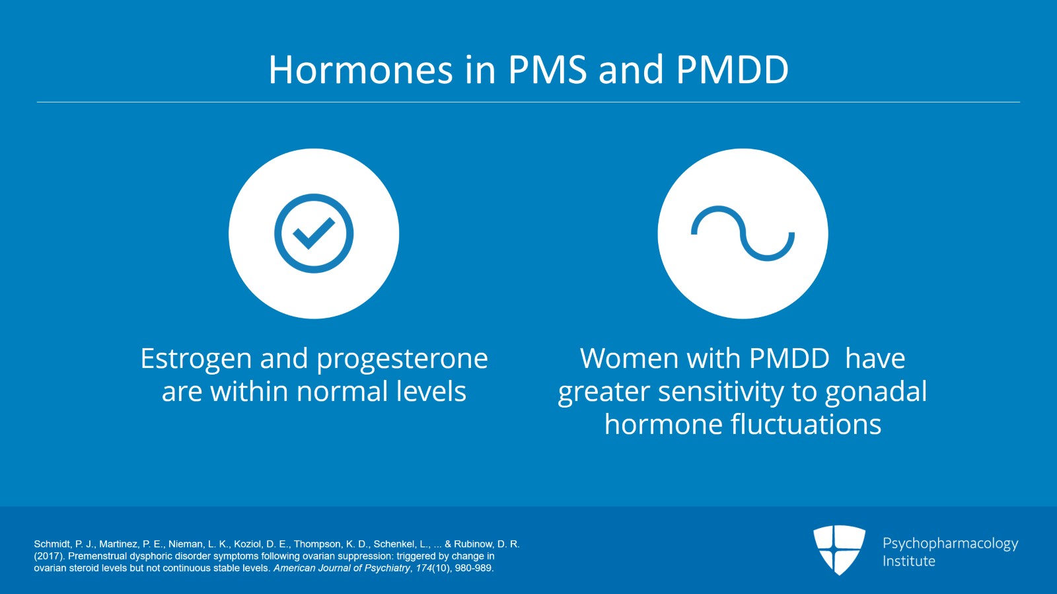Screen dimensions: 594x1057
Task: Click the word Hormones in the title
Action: click(x=361, y=70)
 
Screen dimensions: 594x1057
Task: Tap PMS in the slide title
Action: click(x=547, y=70)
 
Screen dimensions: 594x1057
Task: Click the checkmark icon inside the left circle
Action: click(x=314, y=233)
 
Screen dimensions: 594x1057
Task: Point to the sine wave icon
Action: click(x=743, y=233)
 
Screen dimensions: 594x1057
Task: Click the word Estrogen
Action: click(x=196, y=359)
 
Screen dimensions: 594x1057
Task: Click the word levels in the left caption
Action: click(x=431, y=392)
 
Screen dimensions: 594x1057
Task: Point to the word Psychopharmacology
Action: click(x=950, y=543)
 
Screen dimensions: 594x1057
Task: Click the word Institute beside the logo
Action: click(x=908, y=561)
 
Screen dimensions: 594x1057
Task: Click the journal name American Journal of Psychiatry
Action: click(x=342, y=568)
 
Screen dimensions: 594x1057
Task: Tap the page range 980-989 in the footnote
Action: click(x=474, y=568)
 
